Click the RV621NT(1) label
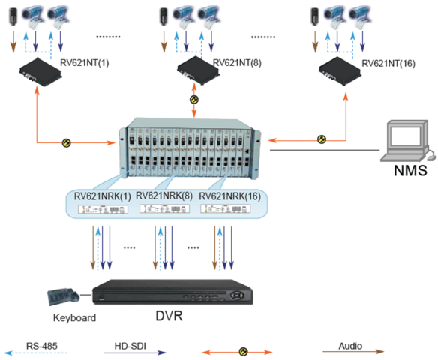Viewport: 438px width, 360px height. [x=83, y=61]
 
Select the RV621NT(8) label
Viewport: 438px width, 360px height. [x=238, y=61]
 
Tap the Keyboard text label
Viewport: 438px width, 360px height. [x=74, y=317]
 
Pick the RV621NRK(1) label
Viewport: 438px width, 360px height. [x=102, y=196]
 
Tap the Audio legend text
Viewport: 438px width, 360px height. [x=350, y=346]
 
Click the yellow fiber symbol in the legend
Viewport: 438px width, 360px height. [x=242, y=350]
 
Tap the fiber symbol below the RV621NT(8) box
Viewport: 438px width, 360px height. [x=194, y=99]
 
